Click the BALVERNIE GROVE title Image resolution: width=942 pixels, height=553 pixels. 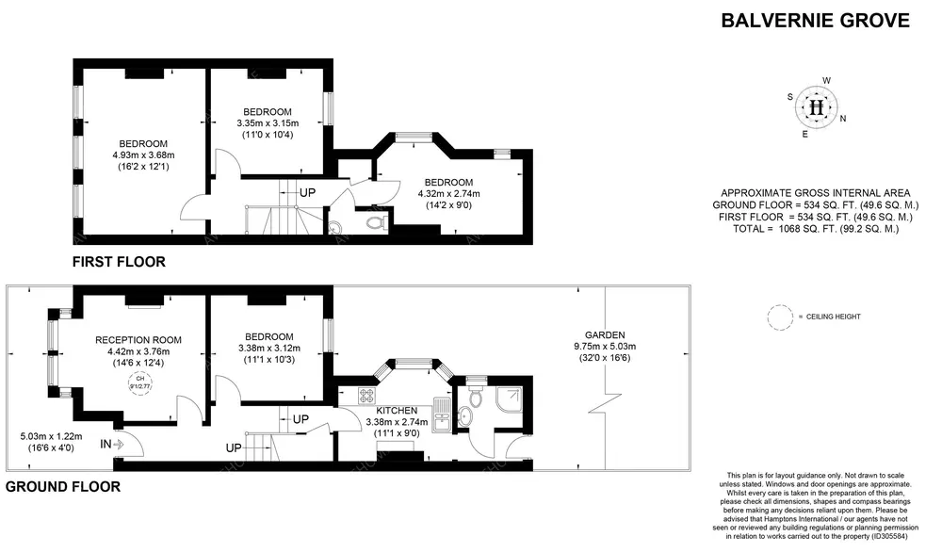pos(816,20)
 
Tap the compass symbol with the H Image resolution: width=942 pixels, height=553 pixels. pos(816,107)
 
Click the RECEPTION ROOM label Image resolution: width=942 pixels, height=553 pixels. pos(138,340)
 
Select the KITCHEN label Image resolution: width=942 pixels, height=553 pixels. pos(397,411)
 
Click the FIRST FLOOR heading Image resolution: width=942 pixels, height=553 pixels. pos(119,262)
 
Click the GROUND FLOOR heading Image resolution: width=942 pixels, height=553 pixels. pos(63,487)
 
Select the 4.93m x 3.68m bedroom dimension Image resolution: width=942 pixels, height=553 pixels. pos(144,155)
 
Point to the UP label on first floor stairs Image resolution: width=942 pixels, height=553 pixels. pos(307,192)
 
